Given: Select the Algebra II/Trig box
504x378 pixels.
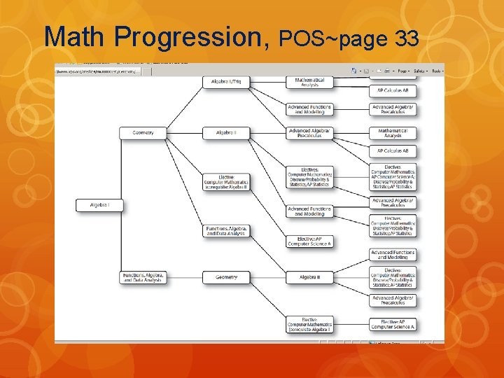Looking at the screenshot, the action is coord(226,82).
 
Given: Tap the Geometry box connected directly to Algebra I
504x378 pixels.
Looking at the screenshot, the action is coord(142,132).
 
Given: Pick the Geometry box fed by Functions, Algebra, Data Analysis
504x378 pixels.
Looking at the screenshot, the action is coord(226,277).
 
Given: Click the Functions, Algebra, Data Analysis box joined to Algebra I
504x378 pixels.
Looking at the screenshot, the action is coord(142,277).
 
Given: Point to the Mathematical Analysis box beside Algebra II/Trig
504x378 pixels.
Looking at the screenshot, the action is coord(309,82).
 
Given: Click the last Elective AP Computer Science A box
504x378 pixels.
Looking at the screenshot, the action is coord(393,324).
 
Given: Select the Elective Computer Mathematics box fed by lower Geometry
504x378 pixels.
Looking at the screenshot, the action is coord(309,324).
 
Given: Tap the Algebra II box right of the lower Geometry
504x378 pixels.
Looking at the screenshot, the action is coord(309,277).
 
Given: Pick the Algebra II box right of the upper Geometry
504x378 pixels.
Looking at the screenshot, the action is coord(226,132).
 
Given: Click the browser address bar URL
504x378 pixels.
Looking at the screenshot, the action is coord(98,71).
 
